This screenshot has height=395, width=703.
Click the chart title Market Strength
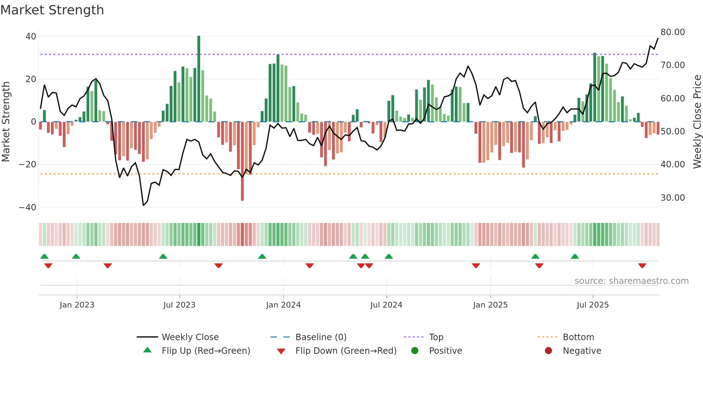point(52,10)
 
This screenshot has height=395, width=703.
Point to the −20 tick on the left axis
point(28,165)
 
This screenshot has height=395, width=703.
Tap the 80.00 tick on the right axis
point(673,32)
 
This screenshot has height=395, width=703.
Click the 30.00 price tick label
point(673,198)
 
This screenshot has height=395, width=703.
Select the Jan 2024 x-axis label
point(283,305)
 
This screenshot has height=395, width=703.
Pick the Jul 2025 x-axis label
point(593,305)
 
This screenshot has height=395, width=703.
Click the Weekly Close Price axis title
point(697,122)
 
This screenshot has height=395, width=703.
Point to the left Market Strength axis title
point(6,122)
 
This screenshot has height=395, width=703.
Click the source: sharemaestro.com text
point(631,281)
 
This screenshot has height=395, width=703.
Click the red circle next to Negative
point(548,351)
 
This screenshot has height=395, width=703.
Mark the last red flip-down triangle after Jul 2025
point(642,266)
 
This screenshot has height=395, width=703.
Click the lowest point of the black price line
point(143,205)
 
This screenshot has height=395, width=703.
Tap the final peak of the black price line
point(658,38)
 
